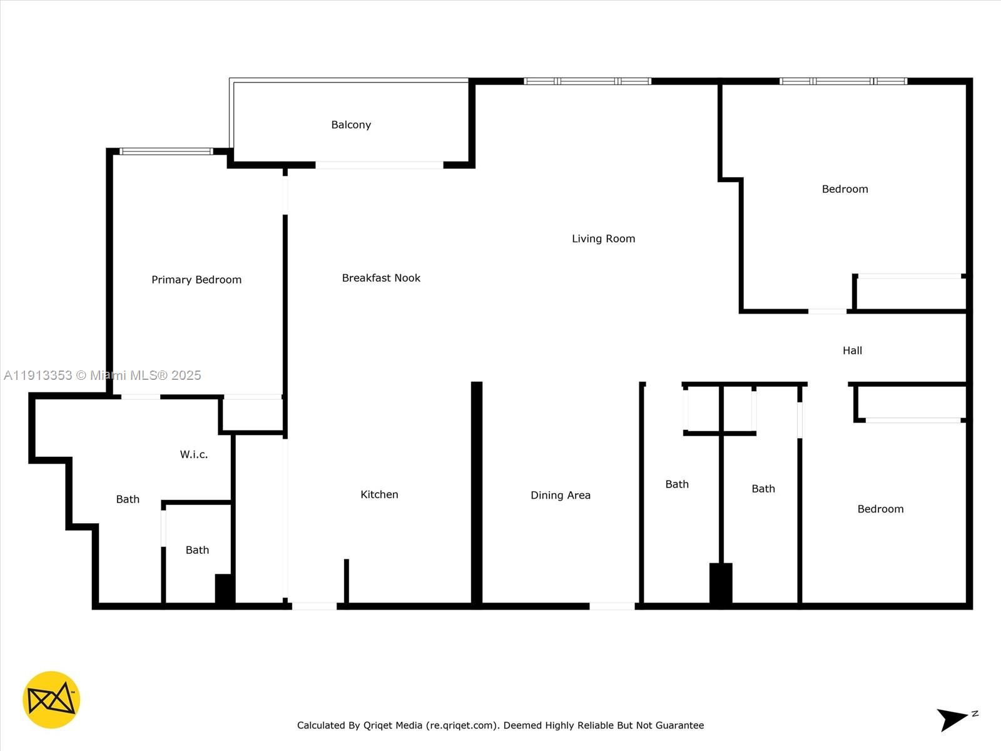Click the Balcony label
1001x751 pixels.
point(351,125)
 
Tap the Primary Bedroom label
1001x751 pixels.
point(196,280)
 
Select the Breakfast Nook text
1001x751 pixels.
point(381,278)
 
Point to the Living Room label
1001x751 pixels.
point(603,238)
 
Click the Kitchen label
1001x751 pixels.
point(379,494)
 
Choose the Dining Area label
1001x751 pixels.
point(560,495)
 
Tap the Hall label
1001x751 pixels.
point(852,350)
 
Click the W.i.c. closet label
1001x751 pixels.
point(193,454)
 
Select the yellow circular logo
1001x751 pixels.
point(51,700)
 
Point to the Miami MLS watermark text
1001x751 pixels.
point(103,375)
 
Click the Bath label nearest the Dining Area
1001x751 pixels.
point(677,484)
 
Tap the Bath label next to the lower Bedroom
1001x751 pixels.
point(763,489)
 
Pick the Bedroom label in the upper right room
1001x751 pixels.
point(845,189)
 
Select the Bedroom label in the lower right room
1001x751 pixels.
point(880,509)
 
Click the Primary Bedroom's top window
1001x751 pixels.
point(166,151)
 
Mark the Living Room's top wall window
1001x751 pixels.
point(587,81)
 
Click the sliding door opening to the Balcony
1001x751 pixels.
point(379,165)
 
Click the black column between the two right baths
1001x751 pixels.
point(721,583)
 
